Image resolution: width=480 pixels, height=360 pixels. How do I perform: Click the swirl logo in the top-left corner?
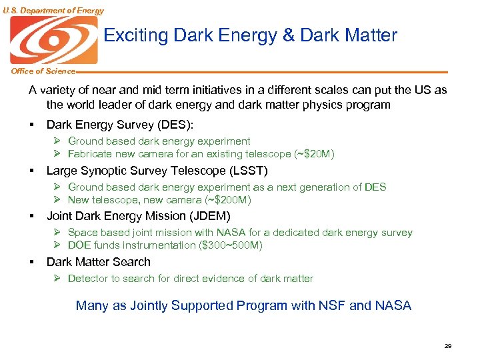(x=53, y=40)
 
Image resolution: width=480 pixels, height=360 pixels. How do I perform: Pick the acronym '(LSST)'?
(x=249, y=171)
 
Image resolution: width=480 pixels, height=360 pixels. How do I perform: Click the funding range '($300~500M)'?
(x=230, y=245)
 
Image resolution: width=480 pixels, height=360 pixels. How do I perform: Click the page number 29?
(x=448, y=346)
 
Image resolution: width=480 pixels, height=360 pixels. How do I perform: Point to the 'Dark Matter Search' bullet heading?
(x=99, y=262)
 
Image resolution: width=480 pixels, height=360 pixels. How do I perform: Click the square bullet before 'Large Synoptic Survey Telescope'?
(x=31, y=171)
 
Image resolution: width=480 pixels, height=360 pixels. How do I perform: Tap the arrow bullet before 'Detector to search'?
(x=58, y=279)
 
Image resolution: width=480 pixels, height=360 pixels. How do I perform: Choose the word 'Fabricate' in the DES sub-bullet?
(x=91, y=154)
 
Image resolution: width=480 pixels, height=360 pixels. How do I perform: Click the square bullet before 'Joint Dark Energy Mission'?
(x=31, y=217)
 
